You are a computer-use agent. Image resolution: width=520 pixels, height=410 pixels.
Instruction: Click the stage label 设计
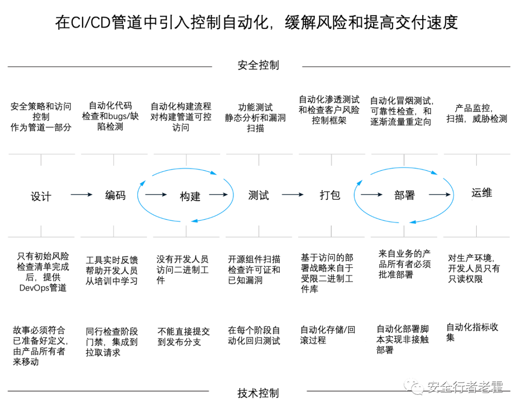(x=41, y=196)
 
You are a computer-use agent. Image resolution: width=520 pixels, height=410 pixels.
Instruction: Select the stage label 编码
(x=116, y=195)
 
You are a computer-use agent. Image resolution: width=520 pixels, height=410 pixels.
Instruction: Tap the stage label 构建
(x=190, y=196)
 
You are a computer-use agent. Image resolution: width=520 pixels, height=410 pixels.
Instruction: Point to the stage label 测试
(x=259, y=195)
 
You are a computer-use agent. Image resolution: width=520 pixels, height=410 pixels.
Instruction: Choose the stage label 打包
(x=330, y=195)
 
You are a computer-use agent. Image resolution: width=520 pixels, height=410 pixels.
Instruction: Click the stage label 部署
(x=404, y=195)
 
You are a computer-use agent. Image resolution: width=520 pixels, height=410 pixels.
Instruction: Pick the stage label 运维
(x=482, y=193)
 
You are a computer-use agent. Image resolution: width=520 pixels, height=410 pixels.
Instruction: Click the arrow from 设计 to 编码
(x=81, y=194)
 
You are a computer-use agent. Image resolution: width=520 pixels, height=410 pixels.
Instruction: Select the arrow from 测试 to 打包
(x=293, y=194)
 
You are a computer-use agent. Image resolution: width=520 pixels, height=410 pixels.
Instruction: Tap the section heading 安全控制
(x=259, y=65)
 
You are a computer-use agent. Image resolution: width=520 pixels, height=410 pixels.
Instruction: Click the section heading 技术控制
(x=259, y=393)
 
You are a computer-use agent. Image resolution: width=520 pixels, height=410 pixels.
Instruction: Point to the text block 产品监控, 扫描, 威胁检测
(x=477, y=114)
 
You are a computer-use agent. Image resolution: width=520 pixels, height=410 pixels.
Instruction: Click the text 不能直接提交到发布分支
(x=184, y=337)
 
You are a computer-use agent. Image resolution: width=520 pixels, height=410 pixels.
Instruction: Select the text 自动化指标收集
(x=472, y=332)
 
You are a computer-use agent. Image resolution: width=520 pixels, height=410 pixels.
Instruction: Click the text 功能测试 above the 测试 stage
(x=255, y=107)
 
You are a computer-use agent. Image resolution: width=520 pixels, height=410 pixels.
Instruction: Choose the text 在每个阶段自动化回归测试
(x=254, y=335)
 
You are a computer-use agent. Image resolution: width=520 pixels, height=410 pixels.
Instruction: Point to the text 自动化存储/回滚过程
(x=328, y=335)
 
